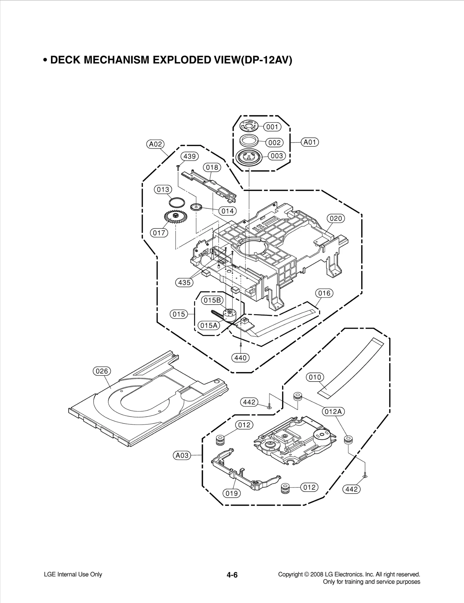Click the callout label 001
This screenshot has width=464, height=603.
tap(272, 127)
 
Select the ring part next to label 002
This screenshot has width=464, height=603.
tap(249, 141)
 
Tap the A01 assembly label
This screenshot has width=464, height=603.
tap(310, 142)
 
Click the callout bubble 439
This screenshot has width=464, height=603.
tap(190, 156)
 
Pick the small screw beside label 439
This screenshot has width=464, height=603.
tap(177, 167)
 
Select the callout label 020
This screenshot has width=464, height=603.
tap(336, 218)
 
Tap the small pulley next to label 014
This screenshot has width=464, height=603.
tap(196, 207)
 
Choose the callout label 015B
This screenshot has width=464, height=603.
tap(212, 300)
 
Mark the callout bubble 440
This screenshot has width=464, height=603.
tap(240, 358)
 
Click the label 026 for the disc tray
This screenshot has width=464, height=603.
tap(102, 371)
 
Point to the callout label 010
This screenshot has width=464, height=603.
tap(315, 377)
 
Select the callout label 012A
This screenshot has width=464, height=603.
tap(333, 411)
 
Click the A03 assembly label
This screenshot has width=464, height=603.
tap(182, 455)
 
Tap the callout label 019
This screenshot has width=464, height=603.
tap(231, 493)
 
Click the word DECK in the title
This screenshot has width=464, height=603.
tap(66, 60)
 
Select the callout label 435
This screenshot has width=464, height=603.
tap(184, 282)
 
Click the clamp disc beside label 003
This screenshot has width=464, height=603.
tap(249, 157)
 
